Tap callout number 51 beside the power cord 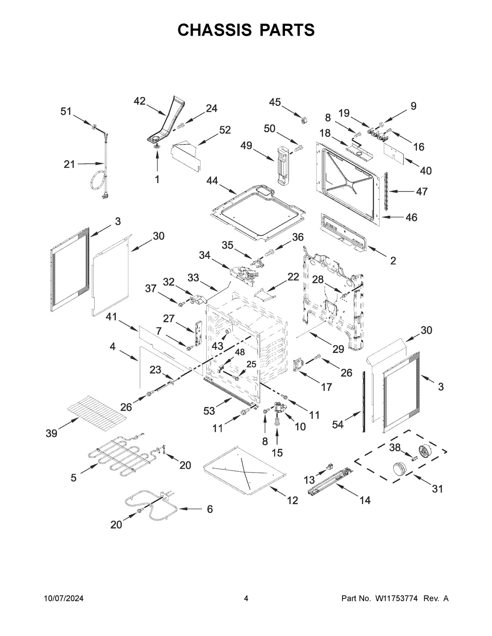click(x=66, y=111)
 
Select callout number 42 click(x=139, y=101)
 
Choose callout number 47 click(x=421, y=191)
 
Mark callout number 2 click(x=393, y=260)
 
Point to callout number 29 click(x=338, y=349)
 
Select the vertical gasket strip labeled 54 click(x=364, y=401)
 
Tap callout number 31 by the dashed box click(x=437, y=489)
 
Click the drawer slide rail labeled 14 click(x=330, y=481)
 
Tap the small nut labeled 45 click(x=304, y=119)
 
